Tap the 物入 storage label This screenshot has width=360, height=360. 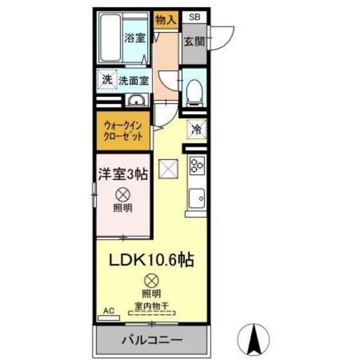tap(165, 19)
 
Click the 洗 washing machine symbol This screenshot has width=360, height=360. tap(107, 80)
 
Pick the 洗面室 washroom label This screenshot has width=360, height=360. tap(133, 81)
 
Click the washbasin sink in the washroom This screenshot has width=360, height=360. tap(136, 100)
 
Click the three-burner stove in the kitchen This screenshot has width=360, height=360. tap(195, 165)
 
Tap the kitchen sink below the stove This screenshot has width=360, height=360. tap(196, 197)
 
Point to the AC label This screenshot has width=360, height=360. tap(109, 310)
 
